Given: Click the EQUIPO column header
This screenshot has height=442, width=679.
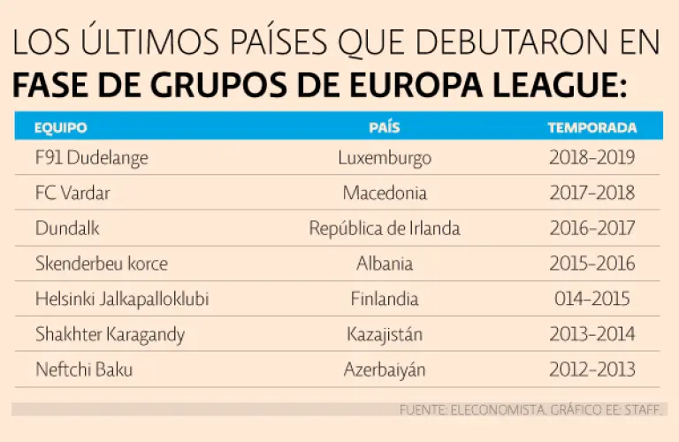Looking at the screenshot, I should click(x=60, y=127).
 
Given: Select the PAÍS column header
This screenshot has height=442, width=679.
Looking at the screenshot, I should click(x=384, y=127).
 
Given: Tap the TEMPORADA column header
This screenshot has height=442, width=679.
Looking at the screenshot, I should click(x=591, y=127).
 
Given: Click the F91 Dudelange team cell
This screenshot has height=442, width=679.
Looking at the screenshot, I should click(x=91, y=158).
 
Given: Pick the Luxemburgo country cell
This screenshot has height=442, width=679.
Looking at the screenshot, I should click(x=384, y=158).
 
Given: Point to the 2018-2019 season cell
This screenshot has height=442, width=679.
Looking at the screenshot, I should click(x=591, y=158).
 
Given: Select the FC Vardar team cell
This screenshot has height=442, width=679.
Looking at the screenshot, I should click(x=72, y=193).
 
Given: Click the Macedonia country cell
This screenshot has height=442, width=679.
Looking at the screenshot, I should click(x=384, y=193).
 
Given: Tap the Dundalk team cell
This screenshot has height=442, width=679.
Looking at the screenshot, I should click(x=67, y=228).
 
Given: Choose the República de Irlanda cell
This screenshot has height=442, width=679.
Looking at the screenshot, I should click(x=384, y=228).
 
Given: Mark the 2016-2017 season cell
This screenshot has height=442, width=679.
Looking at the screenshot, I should click(x=591, y=228).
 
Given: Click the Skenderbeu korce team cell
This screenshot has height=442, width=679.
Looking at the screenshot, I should click(x=101, y=263).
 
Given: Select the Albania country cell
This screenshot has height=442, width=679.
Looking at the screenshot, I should click(x=384, y=263).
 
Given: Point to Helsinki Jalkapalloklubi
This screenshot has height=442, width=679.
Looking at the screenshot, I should click(x=122, y=299).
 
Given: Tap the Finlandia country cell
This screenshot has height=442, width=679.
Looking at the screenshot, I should click(x=384, y=299).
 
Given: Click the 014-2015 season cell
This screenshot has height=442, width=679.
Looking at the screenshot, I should click(x=591, y=299).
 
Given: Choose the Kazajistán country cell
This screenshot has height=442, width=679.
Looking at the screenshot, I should click(x=384, y=334).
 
